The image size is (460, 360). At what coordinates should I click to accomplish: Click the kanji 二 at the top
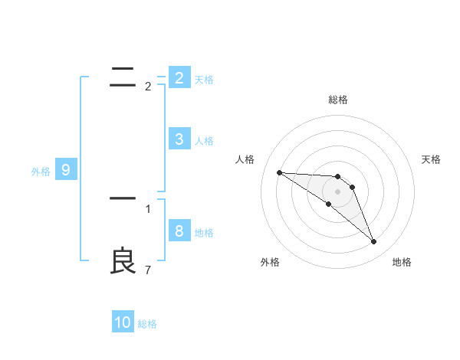[x=123, y=76]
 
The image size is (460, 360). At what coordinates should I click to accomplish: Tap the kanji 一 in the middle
[x=123, y=198]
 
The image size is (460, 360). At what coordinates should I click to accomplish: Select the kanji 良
[x=123, y=261]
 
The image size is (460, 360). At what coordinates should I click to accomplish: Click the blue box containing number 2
[x=179, y=77]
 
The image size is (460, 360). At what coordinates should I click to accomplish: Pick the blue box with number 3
[x=179, y=139]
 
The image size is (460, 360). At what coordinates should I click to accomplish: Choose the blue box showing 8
[x=179, y=231]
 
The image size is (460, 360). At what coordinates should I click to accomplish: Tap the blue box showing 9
[x=65, y=169]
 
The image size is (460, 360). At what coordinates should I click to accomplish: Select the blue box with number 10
[x=123, y=322]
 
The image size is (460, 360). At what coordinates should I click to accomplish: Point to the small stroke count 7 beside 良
[x=148, y=270]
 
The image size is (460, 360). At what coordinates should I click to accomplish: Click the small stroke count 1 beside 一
[x=148, y=208]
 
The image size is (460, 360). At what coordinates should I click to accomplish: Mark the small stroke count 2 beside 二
[x=148, y=86]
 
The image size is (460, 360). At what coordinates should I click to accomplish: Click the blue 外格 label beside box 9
[x=41, y=172]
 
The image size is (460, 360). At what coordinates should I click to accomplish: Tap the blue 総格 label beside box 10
[x=147, y=325]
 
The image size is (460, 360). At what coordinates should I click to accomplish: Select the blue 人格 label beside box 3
[x=204, y=141]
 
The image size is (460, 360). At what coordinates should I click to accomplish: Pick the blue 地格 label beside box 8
[x=204, y=233]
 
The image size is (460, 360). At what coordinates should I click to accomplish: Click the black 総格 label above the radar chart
[x=338, y=100]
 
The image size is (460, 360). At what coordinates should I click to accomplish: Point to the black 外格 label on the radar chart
[x=270, y=262]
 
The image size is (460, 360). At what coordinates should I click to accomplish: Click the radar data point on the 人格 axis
[x=279, y=172]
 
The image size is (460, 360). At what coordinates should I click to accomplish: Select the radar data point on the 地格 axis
[x=374, y=242]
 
